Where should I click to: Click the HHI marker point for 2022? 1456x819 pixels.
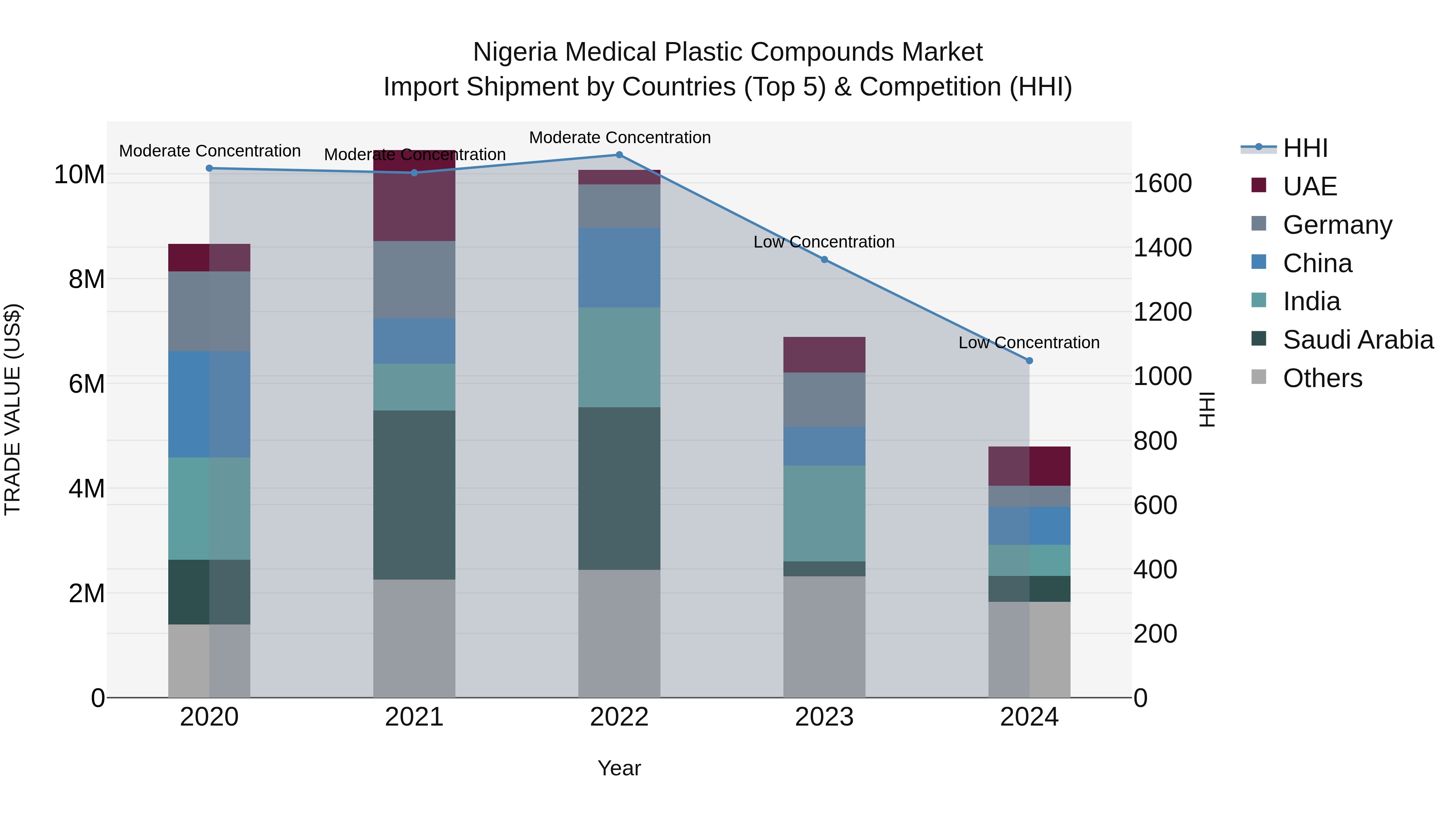619,154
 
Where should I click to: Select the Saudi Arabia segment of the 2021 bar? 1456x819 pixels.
414,495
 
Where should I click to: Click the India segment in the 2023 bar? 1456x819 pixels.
824,513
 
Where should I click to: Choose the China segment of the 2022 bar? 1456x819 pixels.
619,267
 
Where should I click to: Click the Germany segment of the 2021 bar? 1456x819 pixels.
414,280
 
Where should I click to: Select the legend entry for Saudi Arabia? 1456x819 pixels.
1358,340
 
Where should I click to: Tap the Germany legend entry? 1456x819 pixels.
1337,225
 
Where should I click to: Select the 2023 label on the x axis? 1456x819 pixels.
824,717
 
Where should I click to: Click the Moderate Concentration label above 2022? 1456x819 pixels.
620,138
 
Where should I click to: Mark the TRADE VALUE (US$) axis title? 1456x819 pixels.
13,409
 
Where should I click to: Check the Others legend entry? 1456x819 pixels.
1322,378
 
